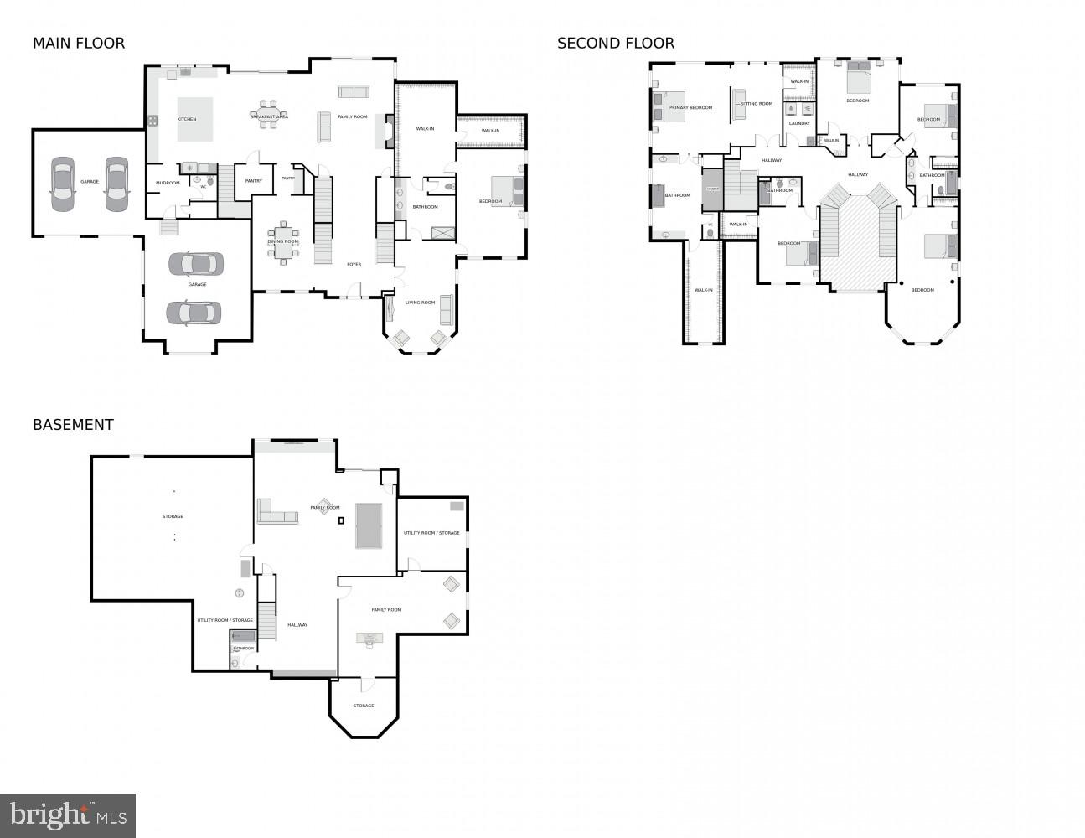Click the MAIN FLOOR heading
click(79, 44)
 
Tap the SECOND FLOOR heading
click(616, 44)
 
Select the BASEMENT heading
click(73, 425)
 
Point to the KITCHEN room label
click(187, 119)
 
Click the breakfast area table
click(269, 117)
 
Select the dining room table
click(283, 242)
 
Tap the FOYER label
click(354, 264)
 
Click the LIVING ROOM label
click(421, 303)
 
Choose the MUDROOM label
click(168, 183)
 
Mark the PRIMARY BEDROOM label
click(691, 107)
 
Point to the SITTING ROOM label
click(757, 104)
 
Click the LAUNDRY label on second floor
click(799, 123)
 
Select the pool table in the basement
click(368, 525)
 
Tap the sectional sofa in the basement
click(276, 513)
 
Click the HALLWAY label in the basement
click(297, 624)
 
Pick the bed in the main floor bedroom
click(508, 191)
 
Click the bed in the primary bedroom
click(668, 106)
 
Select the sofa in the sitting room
click(739, 104)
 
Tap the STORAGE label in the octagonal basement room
click(364, 706)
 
